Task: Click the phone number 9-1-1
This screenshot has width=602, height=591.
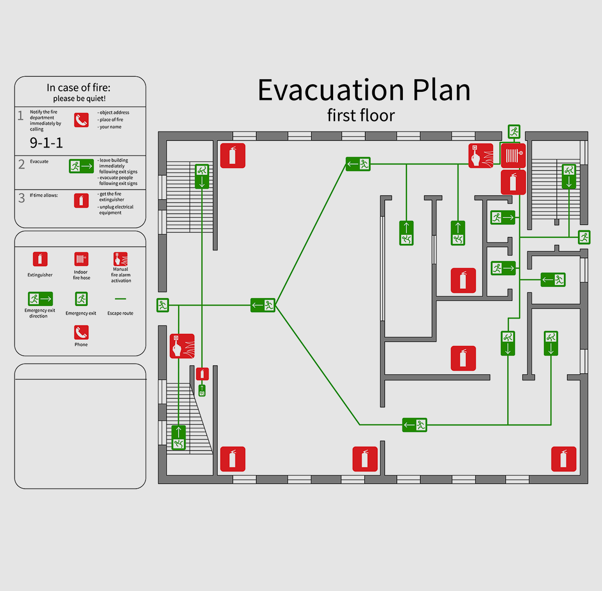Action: (46, 143)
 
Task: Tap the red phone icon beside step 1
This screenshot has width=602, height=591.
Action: (81, 120)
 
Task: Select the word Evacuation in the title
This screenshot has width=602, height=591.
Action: (331, 90)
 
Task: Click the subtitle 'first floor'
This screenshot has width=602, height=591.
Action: (361, 115)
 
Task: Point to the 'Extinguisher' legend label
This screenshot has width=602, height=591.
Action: (40, 275)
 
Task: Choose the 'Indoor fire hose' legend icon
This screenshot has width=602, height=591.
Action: (81, 259)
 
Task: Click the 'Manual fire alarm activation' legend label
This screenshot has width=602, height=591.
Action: (121, 275)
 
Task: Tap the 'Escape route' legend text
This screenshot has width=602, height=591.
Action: (120, 313)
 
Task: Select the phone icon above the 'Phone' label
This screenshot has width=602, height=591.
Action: (81, 333)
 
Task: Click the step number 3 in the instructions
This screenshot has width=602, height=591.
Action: (22, 198)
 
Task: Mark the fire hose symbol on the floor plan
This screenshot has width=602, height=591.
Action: (513, 156)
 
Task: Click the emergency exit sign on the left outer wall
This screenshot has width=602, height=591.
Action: (163, 305)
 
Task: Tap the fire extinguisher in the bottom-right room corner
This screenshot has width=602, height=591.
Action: (563, 459)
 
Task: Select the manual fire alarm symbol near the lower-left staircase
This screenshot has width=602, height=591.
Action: (182, 346)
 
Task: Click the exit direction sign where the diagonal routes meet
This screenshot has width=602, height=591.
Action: (263, 305)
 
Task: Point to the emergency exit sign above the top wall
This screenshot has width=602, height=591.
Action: (514, 132)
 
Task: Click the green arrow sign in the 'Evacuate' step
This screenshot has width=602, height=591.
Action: (81, 166)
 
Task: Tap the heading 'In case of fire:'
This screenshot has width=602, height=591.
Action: (79, 88)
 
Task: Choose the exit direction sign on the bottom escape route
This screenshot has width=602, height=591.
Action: (415, 425)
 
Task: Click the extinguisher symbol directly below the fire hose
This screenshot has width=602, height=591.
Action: (513, 182)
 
